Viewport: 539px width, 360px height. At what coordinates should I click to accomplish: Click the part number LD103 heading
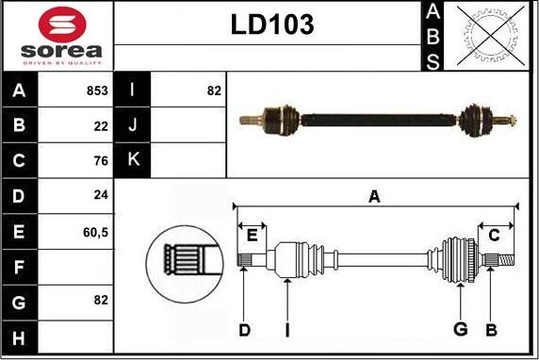tap(272, 25)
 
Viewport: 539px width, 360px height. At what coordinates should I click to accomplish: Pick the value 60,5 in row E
tap(94, 230)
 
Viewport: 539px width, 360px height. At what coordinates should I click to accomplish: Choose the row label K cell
tap(132, 160)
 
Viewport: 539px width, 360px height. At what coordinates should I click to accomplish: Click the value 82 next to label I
tap(213, 90)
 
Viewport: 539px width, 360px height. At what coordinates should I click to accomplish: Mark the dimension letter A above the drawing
tap(374, 197)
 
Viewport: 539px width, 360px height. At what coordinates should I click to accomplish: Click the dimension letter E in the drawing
tap(253, 236)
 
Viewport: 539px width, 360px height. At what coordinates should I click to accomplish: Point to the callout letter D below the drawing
tap(244, 330)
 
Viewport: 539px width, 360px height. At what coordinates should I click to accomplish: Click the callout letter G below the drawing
tap(461, 330)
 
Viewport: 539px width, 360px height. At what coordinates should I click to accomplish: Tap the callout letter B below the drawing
tap(491, 330)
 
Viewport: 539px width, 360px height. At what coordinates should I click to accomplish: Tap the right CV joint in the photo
tap(476, 120)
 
